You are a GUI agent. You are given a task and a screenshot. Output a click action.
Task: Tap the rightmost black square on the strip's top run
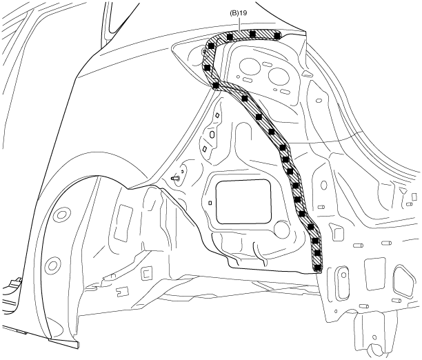tap(277, 35)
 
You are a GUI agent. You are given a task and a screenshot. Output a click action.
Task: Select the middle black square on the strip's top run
tap(253, 34)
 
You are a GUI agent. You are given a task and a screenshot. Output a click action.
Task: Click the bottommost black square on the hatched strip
tap(317, 266)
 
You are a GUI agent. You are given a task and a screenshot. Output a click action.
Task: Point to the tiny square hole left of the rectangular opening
tap(210, 203)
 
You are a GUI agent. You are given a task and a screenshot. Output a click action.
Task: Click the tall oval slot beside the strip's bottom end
tap(339, 281)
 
